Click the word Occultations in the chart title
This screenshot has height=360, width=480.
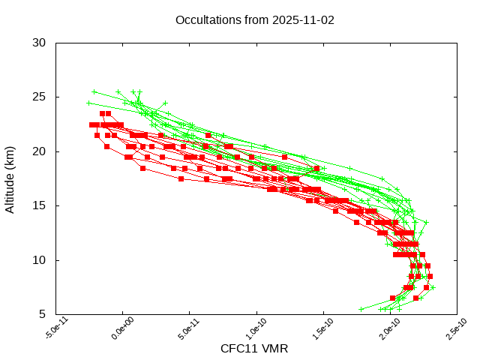(205, 20)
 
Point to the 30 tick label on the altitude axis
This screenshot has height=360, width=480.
(40, 43)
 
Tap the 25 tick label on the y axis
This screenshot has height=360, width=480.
(40, 97)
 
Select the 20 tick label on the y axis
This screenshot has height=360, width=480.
(40, 151)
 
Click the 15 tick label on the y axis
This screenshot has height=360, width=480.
(40, 206)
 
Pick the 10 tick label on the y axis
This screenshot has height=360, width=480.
(40, 260)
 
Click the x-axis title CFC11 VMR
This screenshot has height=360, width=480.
(254, 349)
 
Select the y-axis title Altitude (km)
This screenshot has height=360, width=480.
(10, 178)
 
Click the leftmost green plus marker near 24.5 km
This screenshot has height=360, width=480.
(88, 103)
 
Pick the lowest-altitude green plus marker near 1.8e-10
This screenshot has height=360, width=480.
(361, 309)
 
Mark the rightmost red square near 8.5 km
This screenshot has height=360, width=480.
(430, 276)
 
